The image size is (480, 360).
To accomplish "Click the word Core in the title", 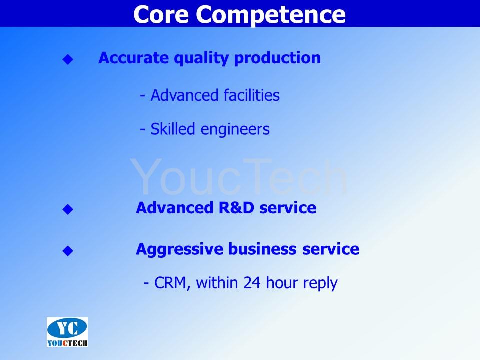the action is click(161, 14).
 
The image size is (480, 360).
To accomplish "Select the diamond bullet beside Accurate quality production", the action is click(68, 59).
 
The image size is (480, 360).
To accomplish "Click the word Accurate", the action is click(133, 58).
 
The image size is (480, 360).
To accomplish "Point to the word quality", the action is click(201, 58).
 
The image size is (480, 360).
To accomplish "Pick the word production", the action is click(277, 58).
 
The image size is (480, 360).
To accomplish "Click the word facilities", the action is click(251, 95).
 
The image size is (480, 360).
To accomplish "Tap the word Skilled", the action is click(173, 129).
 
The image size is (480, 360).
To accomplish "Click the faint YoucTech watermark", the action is click(239, 176).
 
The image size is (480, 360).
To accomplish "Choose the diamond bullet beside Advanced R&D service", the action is click(68, 209).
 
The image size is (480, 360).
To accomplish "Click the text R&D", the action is click(236, 208).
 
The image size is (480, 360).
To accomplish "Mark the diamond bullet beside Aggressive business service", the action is click(68, 251).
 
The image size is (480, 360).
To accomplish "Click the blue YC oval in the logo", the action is click(67, 328).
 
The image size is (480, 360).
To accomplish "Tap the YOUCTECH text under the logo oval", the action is click(67, 343).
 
